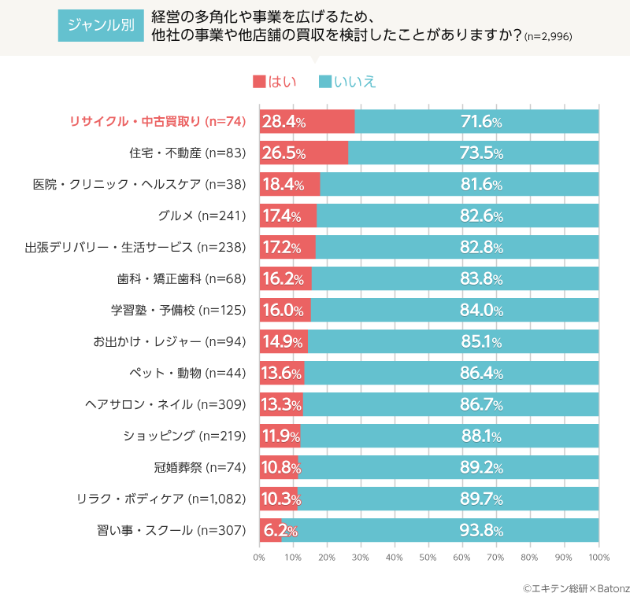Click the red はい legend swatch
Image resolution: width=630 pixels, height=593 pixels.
point(259,82)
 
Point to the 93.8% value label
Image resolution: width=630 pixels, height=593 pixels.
point(481,531)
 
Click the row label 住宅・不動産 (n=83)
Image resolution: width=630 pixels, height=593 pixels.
point(188,153)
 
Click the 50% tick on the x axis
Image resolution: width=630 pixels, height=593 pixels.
point(428,558)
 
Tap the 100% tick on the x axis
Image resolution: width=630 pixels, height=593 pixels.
point(598,558)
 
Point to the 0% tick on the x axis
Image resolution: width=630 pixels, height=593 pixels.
point(259,558)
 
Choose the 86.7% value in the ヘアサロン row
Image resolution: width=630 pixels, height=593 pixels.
point(481,405)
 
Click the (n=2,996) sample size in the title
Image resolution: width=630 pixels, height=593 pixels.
point(549,37)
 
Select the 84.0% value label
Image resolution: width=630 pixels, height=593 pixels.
point(481,311)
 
